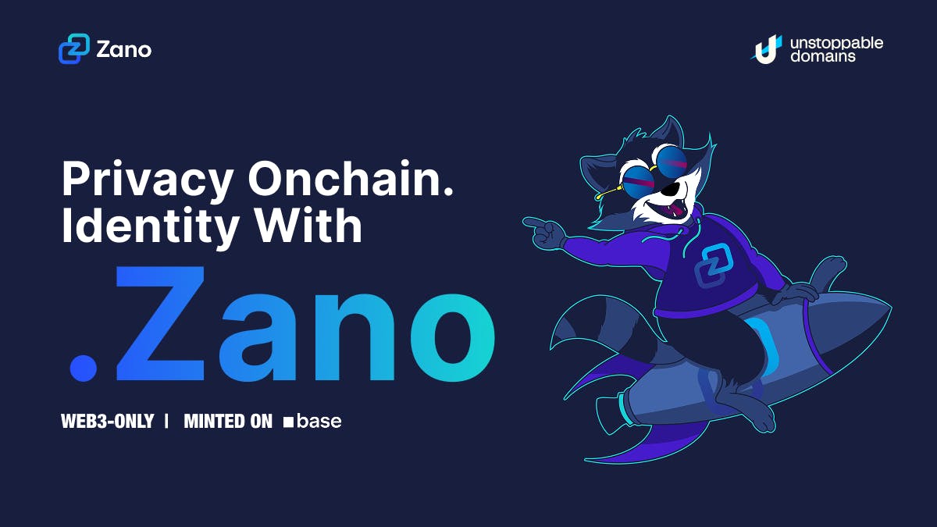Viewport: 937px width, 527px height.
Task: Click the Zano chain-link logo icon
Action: tap(74, 49)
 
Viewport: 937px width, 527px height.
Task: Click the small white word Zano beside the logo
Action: tap(124, 50)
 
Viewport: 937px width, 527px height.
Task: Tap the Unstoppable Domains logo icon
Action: tap(767, 49)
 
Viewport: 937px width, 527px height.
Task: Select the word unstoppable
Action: tap(836, 44)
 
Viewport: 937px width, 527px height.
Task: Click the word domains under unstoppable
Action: tap(822, 56)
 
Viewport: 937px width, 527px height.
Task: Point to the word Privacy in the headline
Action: tap(148, 180)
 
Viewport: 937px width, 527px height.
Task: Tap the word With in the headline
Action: tap(308, 224)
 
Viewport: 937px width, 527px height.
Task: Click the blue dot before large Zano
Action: tap(84, 368)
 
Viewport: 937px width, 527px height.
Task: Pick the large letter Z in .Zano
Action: tap(160, 323)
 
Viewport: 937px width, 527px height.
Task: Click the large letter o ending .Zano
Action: tap(453, 337)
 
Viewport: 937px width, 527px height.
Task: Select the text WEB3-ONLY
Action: tap(108, 421)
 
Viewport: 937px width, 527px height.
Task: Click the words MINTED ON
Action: tap(228, 421)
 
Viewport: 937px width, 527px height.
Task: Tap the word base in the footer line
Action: tap(319, 421)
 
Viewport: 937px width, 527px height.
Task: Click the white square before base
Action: tap(288, 422)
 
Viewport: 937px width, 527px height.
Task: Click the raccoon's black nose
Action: tap(671, 190)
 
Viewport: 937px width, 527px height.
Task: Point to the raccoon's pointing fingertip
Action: tap(526, 222)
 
